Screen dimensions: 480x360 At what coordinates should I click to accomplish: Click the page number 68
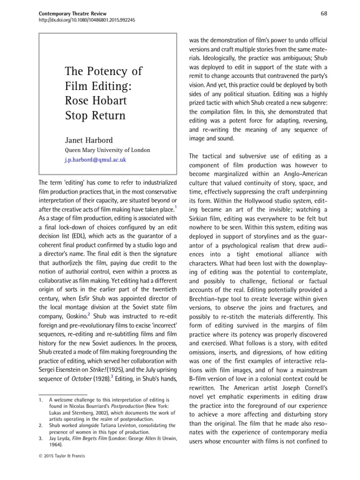point(324,13)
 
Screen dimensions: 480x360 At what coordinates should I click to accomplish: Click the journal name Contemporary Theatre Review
point(72,13)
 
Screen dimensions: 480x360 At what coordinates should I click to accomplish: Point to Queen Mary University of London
point(107,150)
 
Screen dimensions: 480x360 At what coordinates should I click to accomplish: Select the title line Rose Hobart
point(96,101)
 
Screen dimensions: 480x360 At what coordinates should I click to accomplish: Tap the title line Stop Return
point(96,115)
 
